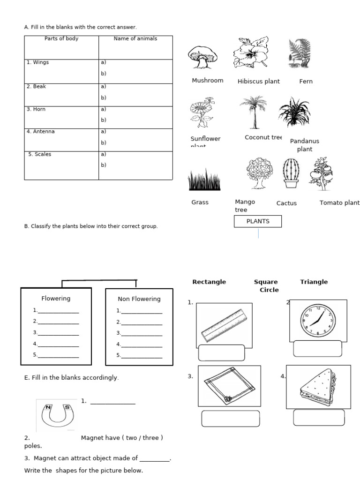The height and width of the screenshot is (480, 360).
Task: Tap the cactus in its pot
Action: [291, 173]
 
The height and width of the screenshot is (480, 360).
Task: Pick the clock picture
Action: [317, 319]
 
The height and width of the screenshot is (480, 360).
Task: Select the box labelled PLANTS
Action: [258, 221]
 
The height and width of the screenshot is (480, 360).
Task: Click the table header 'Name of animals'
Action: [135, 39]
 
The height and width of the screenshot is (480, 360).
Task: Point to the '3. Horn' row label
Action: [37, 109]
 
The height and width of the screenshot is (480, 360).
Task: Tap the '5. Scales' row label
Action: [40, 154]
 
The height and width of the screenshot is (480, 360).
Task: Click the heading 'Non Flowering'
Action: [139, 299]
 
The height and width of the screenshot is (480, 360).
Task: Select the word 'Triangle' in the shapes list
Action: [314, 282]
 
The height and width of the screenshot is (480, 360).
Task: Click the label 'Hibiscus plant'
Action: [258, 82]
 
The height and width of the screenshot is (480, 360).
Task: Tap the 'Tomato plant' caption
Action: [339, 203]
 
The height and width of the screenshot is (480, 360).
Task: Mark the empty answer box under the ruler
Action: [222, 352]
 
